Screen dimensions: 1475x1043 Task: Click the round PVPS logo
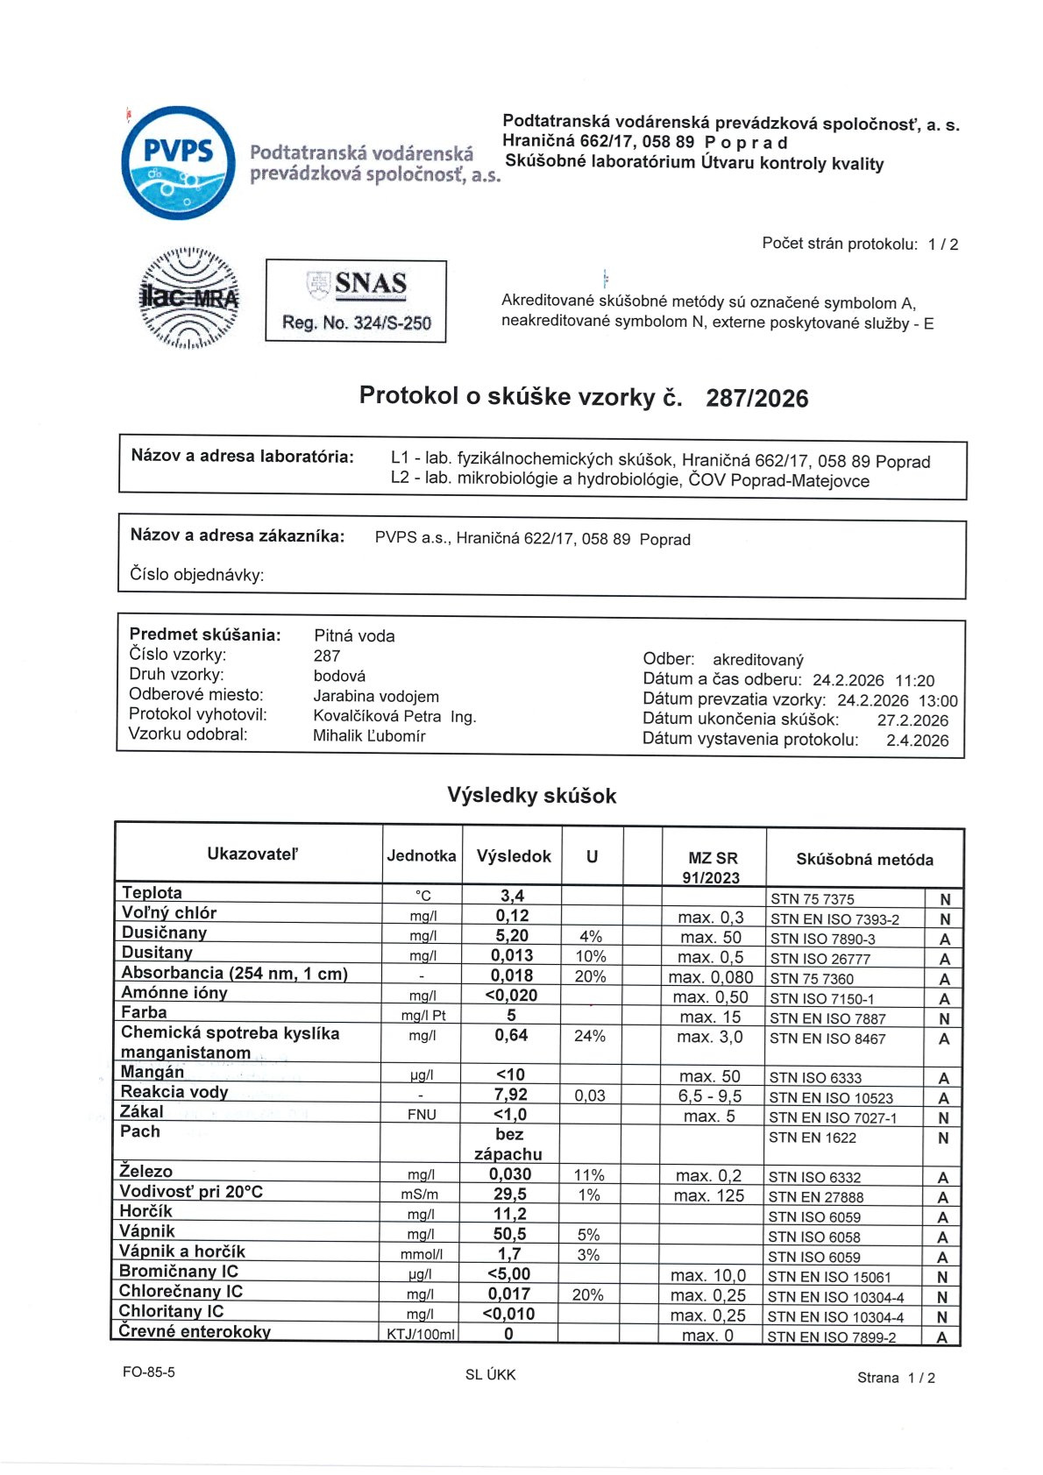pyautogui.click(x=179, y=163)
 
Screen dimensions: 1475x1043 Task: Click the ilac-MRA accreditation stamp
pyautogui.click(x=189, y=298)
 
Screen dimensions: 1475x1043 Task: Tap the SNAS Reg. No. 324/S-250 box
pyautogui.click(x=356, y=301)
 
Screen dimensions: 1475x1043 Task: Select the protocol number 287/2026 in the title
pyautogui.click(x=756, y=399)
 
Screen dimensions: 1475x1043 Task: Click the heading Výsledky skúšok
pyautogui.click(x=531, y=796)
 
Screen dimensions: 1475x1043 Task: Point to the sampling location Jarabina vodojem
pyautogui.click(x=376, y=697)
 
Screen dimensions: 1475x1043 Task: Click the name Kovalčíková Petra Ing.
pyautogui.click(x=394, y=716)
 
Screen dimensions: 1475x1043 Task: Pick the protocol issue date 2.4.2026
pyautogui.click(x=917, y=741)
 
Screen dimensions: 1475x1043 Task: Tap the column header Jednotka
pyautogui.click(x=422, y=856)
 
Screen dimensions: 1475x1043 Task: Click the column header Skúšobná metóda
pyautogui.click(x=864, y=860)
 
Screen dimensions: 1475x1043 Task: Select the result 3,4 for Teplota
pyautogui.click(x=512, y=896)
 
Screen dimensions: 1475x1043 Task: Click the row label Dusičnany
pyautogui.click(x=164, y=933)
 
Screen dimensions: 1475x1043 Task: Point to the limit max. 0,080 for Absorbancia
pyautogui.click(x=710, y=977)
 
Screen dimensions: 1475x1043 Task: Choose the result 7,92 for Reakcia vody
pyautogui.click(x=510, y=1096)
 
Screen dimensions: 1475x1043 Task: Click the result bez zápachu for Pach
pyautogui.click(x=508, y=1144)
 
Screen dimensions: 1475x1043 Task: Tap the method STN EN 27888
pyautogui.click(x=816, y=1197)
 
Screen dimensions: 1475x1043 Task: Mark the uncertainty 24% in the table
pyautogui.click(x=590, y=1036)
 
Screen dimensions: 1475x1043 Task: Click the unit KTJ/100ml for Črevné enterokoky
pyautogui.click(x=421, y=1335)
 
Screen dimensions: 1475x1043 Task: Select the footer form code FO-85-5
pyautogui.click(x=149, y=1372)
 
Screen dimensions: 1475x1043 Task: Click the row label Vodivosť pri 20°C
pyautogui.click(x=191, y=1192)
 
